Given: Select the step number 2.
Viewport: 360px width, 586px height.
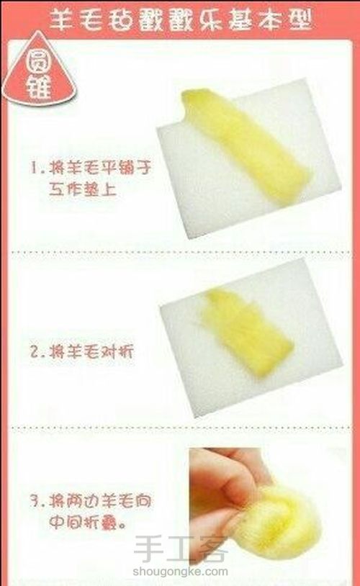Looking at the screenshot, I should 34,353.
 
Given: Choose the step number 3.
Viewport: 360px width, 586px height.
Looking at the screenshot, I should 34,500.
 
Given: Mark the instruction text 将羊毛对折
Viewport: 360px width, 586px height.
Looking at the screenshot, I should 90,353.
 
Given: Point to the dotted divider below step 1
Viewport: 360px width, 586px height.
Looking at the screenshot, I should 180,252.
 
